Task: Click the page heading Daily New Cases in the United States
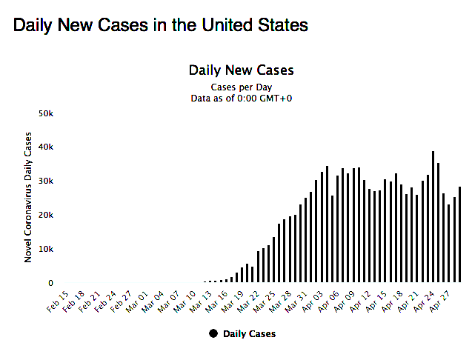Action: coord(160,25)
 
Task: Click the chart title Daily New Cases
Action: coord(242,70)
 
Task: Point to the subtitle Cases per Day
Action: coord(242,87)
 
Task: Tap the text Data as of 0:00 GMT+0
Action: coord(242,98)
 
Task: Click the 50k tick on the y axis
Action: coord(46,113)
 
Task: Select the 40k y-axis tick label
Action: coord(46,147)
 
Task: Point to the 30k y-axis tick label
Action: coord(46,181)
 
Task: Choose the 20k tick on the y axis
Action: coord(46,215)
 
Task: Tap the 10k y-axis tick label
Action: coord(46,249)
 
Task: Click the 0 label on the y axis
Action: coord(50,283)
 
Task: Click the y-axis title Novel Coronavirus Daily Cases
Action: coord(29,196)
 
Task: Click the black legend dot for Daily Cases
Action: coord(214,333)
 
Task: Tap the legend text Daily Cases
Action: coord(249,334)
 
